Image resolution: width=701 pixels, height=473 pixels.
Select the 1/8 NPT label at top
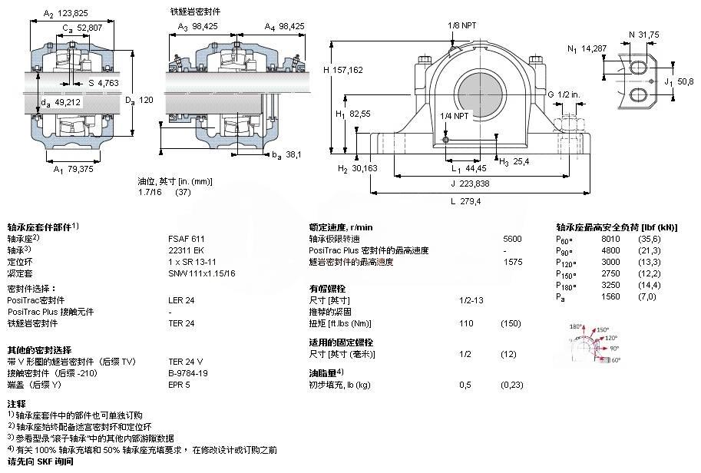(462, 25)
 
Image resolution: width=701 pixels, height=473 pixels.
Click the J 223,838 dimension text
(468, 184)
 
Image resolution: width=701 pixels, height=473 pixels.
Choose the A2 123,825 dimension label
(68, 13)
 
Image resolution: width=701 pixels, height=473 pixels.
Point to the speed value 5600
(511, 239)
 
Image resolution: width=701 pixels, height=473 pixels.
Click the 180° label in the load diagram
(576, 326)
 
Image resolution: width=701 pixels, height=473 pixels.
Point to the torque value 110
(465, 323)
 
